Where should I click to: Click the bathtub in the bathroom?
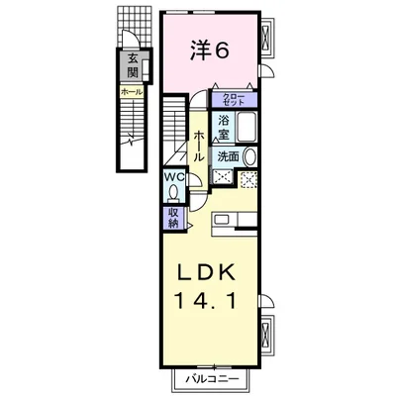[x=247, y=127]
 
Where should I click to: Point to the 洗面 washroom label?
[x=227, y=156]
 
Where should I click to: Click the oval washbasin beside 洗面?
[x=249, y=156]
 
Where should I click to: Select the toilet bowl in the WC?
[x=172, y=194]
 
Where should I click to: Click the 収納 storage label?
[x=172, y=218]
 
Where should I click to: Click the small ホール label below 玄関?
[x=131, y=92]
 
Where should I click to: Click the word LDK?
[x=208, y=271]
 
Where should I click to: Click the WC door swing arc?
[x=193, y=176]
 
